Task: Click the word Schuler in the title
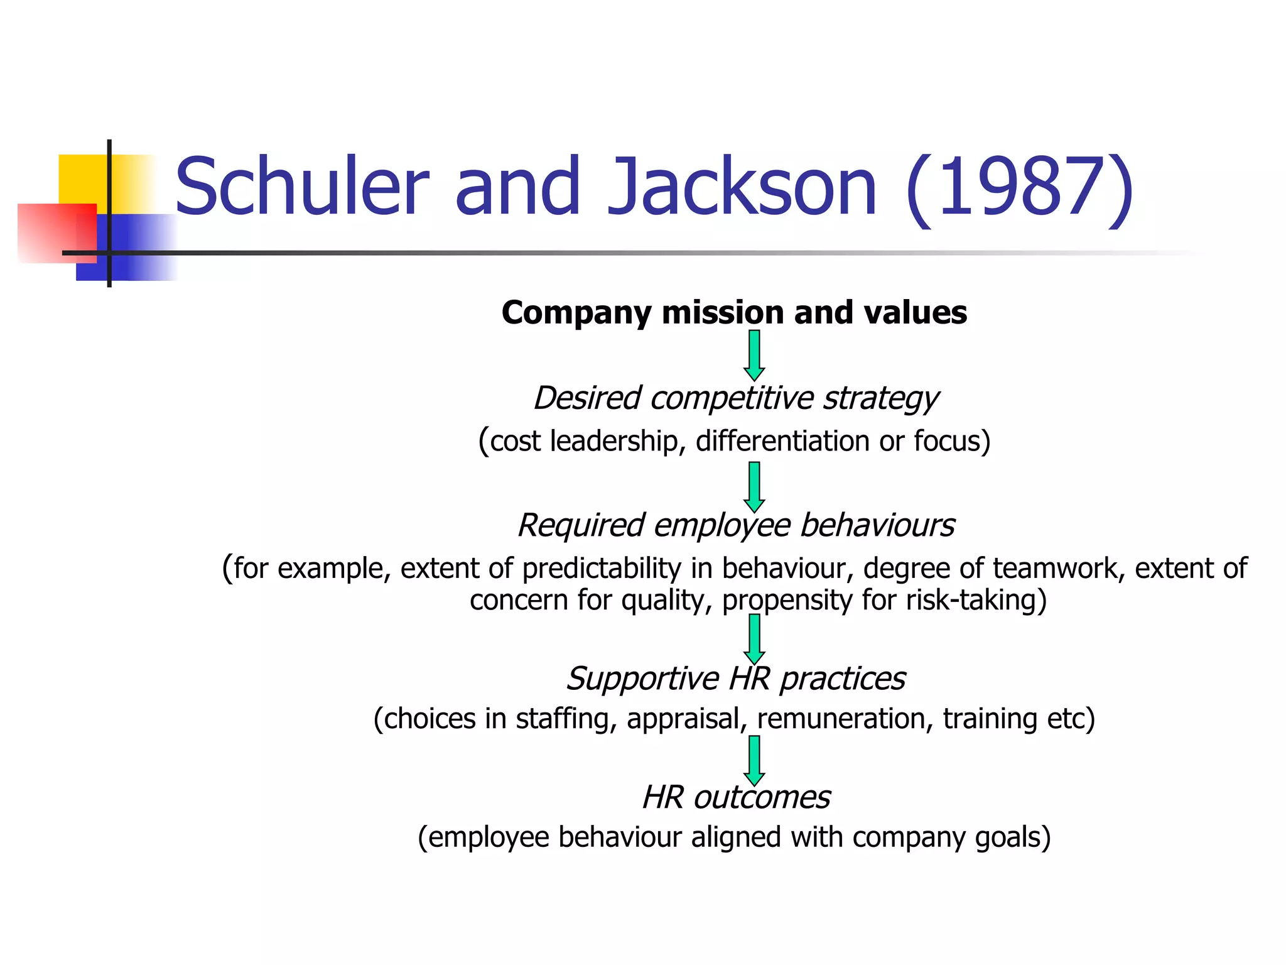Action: point(301,187)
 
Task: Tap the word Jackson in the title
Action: point(742,187)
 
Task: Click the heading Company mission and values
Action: point(734,312)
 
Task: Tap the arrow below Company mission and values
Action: point(754,356)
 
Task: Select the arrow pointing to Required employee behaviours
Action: point(754,488)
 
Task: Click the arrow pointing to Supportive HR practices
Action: point(754,640)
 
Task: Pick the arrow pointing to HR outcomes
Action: point(754,761)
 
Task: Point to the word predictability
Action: point(602,569)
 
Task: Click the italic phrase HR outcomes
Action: point(736,798)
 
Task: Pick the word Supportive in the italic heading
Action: point(642,679)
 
